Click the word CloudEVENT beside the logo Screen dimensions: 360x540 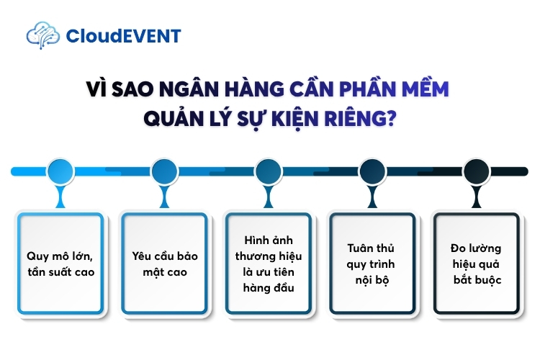pos(122,35)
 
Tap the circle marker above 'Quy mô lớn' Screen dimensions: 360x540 pos(60,171)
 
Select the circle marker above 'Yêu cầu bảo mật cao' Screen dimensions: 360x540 pos(165,171)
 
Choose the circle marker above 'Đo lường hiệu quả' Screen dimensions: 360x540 pos(476,171)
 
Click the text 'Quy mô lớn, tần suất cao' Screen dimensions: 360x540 pos(61,264)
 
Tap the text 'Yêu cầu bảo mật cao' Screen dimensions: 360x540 pos(165,264)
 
